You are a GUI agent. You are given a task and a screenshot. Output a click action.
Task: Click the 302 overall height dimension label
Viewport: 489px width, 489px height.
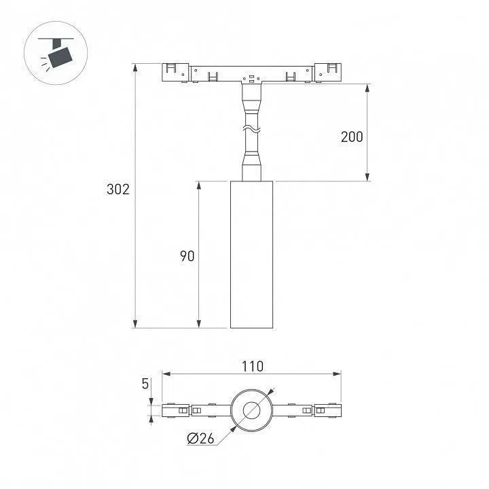(118, 189)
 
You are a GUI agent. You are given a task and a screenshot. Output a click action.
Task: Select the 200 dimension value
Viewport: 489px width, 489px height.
(352, 137)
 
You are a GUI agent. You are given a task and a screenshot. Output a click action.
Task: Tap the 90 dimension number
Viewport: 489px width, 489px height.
(187, 256)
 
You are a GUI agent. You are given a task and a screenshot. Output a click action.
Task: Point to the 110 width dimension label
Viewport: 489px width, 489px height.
(253, 367)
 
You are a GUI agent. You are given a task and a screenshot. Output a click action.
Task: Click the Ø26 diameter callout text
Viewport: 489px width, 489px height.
(200, 439)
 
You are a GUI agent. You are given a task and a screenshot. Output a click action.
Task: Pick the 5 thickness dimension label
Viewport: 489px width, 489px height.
(145, 384)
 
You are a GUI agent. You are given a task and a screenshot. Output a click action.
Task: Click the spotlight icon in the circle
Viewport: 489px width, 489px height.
(56, 53)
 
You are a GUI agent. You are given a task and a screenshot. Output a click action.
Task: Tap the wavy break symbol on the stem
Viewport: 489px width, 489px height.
(251, 128)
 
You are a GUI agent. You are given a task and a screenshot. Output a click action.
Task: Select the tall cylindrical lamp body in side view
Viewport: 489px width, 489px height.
(252, 255)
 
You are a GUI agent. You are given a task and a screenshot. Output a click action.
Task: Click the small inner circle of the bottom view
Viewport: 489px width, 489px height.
(252, 410)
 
